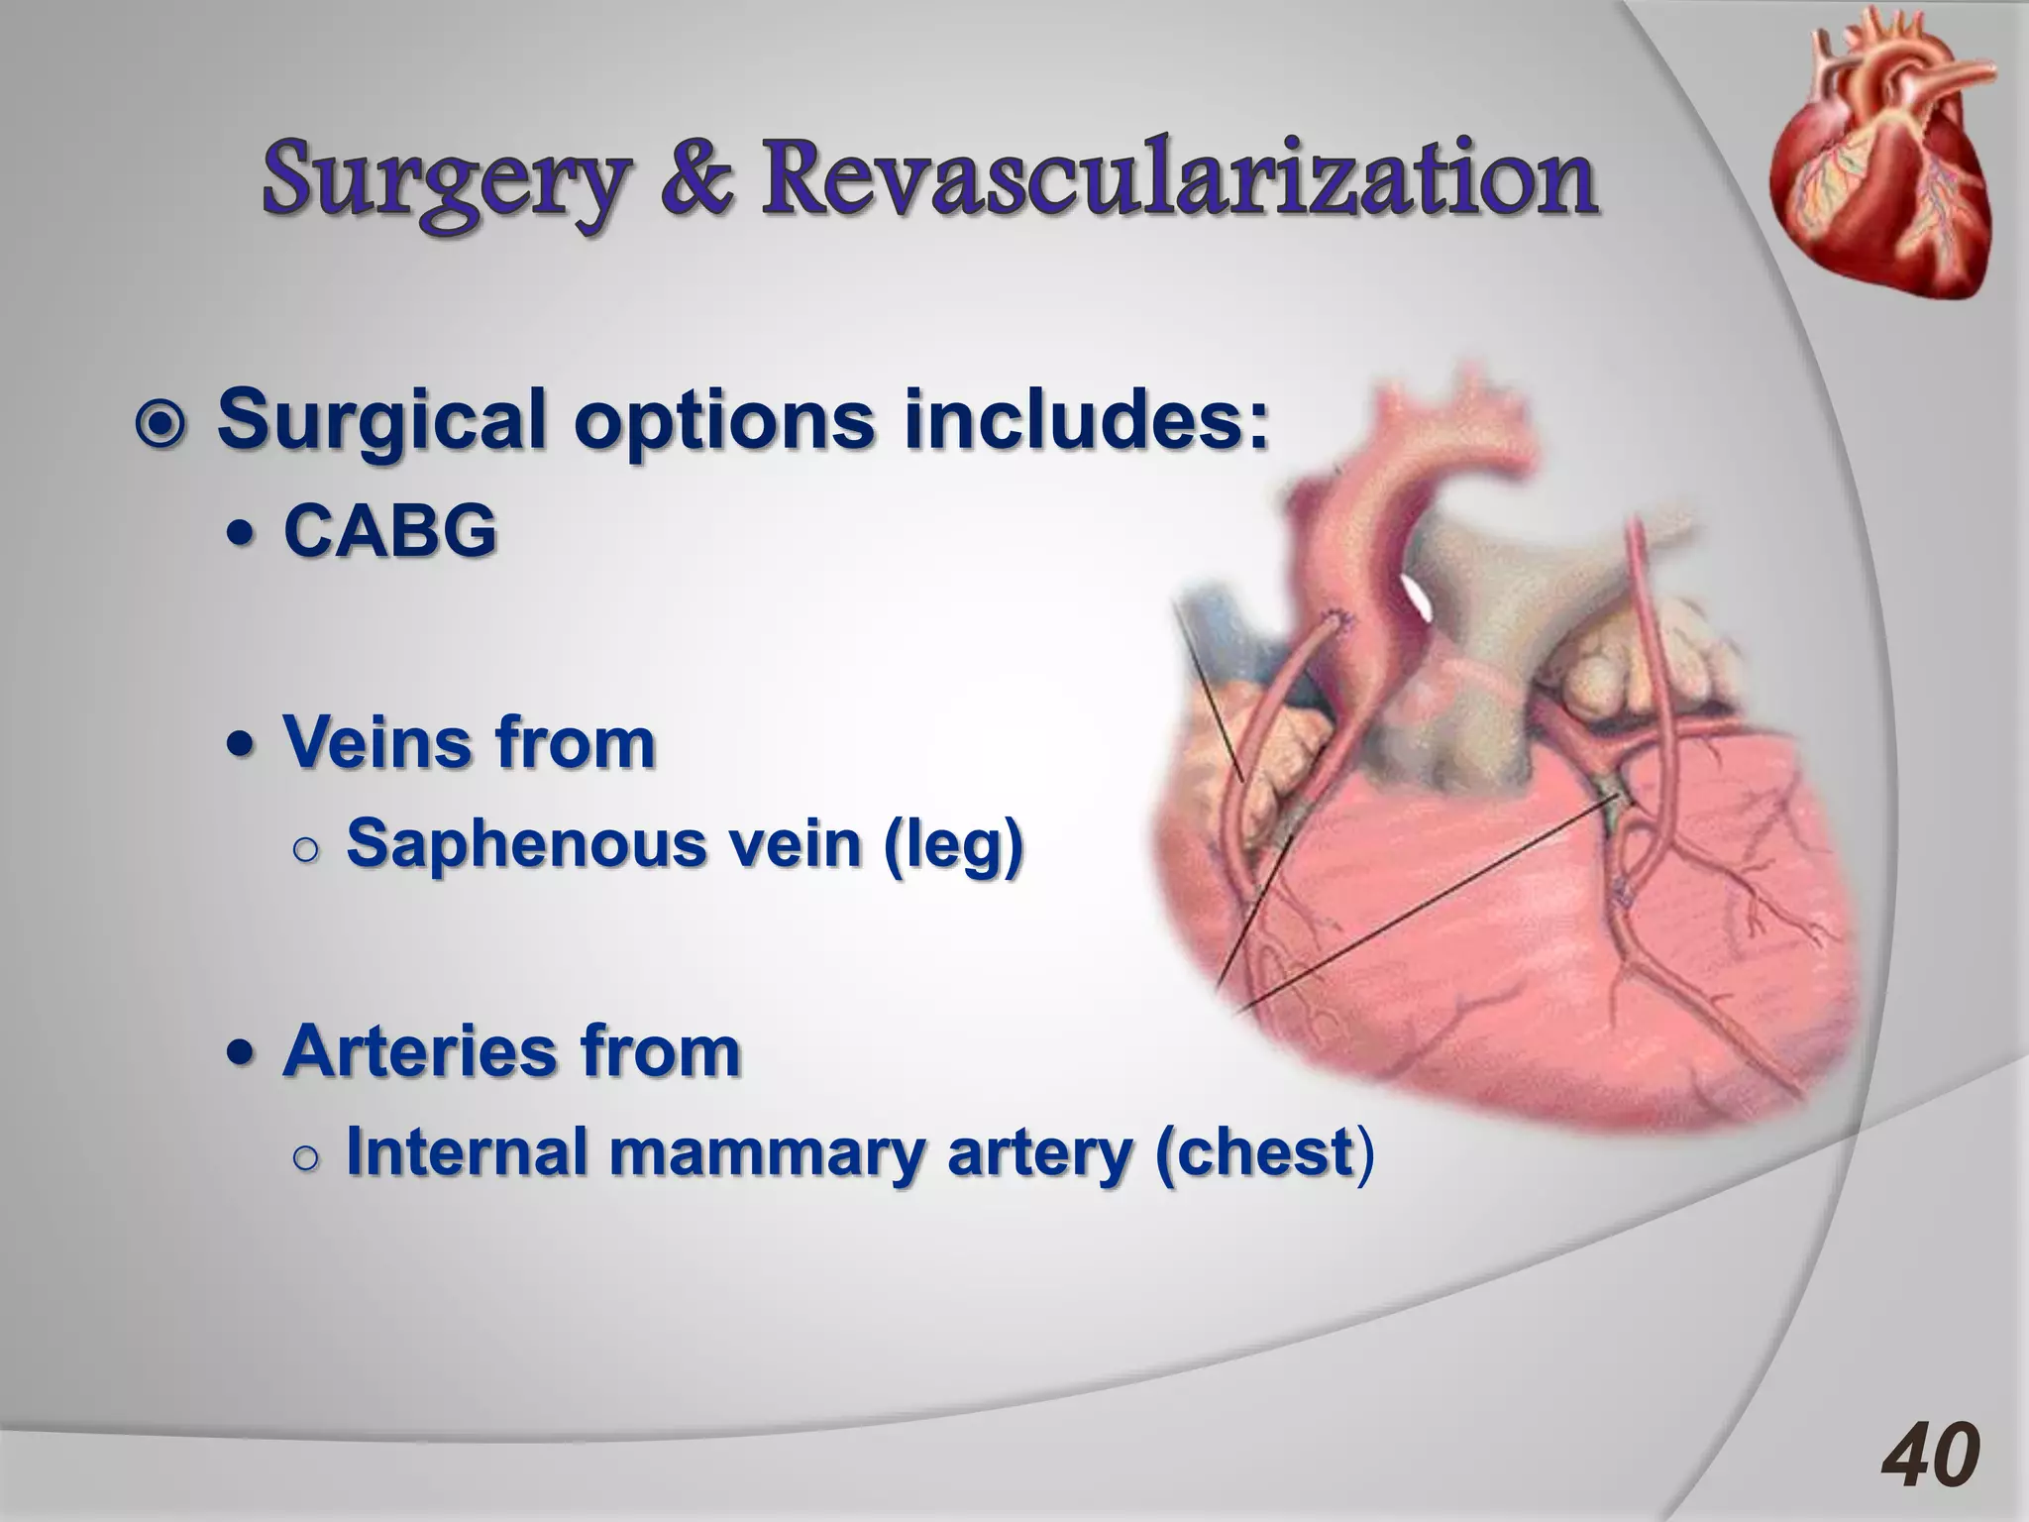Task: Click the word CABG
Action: coord(389,531)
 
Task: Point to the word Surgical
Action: coord(382,420)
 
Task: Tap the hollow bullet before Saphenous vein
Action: coord(307,849)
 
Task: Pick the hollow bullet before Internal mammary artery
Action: coord(307,1157)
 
